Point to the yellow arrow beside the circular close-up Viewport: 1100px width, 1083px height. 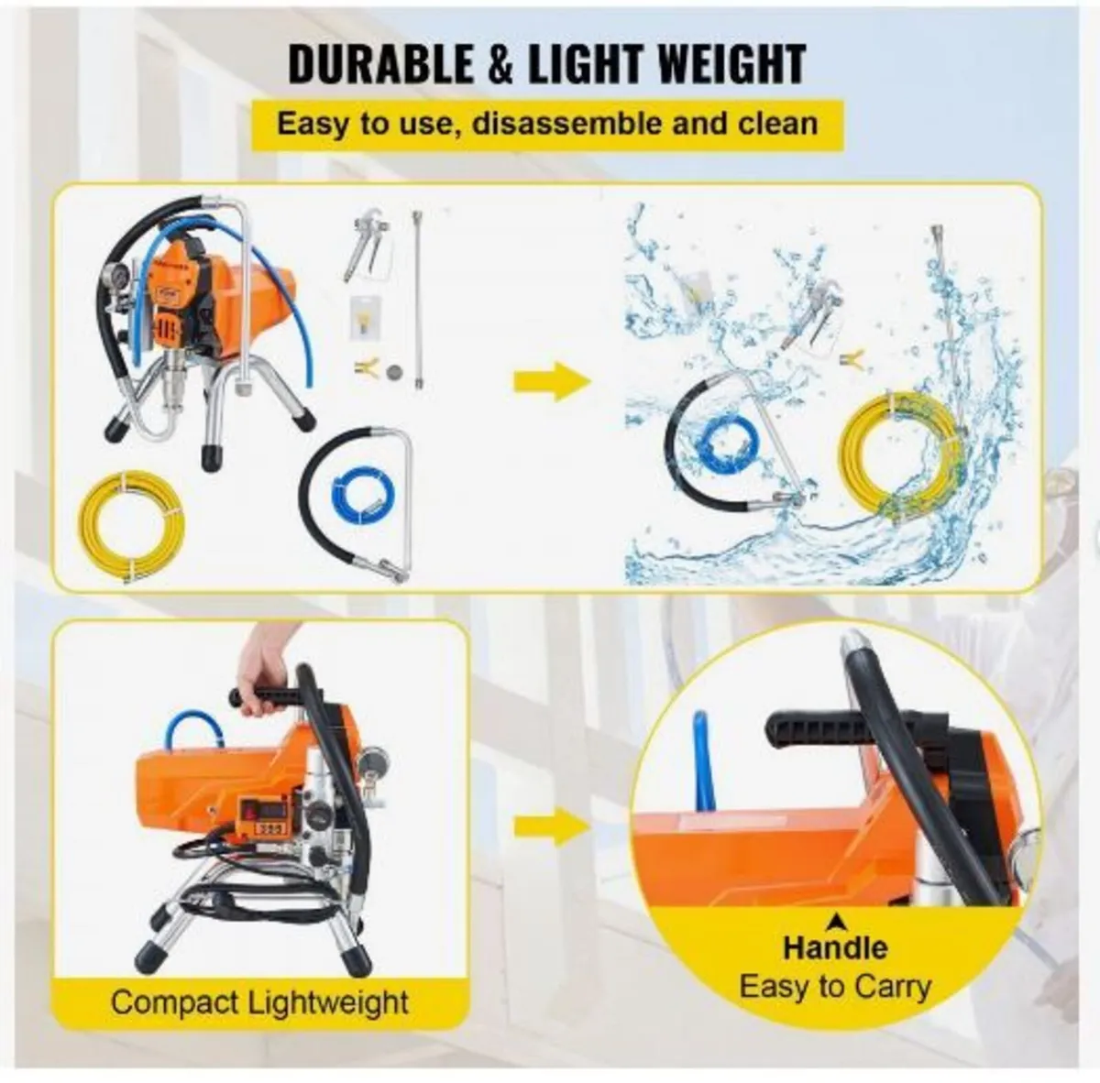click(x=552, y=827)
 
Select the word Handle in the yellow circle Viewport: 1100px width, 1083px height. click(x=835, y=946)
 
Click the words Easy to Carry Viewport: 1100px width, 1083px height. click(x=835, y=987)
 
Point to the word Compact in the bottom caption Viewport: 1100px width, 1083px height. click(x=175, y=1001)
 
